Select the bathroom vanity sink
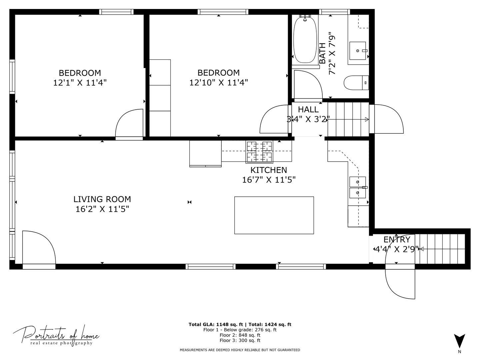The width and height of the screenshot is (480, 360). [358, 51]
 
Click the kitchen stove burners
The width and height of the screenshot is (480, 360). [259, 152]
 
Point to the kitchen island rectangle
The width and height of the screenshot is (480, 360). [274, 215]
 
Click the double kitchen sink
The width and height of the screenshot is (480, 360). [357, 187]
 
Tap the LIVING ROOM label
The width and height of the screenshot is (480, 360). [102, 199]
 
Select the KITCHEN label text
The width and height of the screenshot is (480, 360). [269, 170]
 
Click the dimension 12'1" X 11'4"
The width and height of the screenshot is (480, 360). [80, 83]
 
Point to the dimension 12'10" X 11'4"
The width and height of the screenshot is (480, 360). [218, 83]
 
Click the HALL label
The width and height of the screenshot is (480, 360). [308, 109]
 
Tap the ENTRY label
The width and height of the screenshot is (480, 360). [397, 240]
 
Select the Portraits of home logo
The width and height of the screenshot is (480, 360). [56, 335]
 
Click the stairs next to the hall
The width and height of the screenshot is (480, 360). [348, 119]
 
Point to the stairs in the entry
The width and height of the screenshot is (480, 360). [442, 249]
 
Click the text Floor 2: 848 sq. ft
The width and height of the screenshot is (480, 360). [240, 335]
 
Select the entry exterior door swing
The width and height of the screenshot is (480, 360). [400, 283]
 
